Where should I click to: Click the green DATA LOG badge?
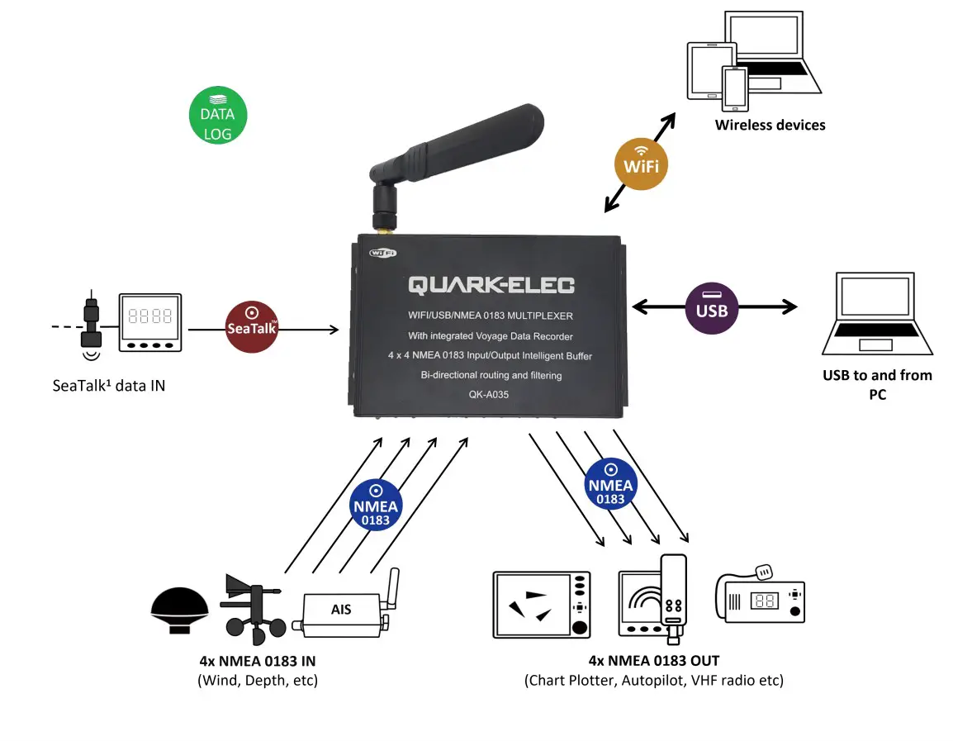(217, 114)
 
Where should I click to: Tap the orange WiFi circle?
(641, 164)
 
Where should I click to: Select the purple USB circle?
(711, 307)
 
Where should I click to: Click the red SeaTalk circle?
(251, 326)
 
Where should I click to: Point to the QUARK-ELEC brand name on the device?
(491, 286)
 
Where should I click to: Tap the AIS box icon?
(341, 610)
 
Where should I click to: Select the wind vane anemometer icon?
(252, 610)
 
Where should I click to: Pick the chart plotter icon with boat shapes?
(542, 604)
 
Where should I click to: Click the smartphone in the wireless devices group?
(734, 88)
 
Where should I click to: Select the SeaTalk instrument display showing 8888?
(149, 322)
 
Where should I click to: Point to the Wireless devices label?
(770, 126)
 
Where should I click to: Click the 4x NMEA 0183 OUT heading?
(653, 661)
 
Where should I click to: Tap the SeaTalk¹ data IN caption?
(108, 385)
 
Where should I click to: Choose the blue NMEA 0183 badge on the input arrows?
(376, 504)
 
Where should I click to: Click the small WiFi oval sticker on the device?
(383, 253)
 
